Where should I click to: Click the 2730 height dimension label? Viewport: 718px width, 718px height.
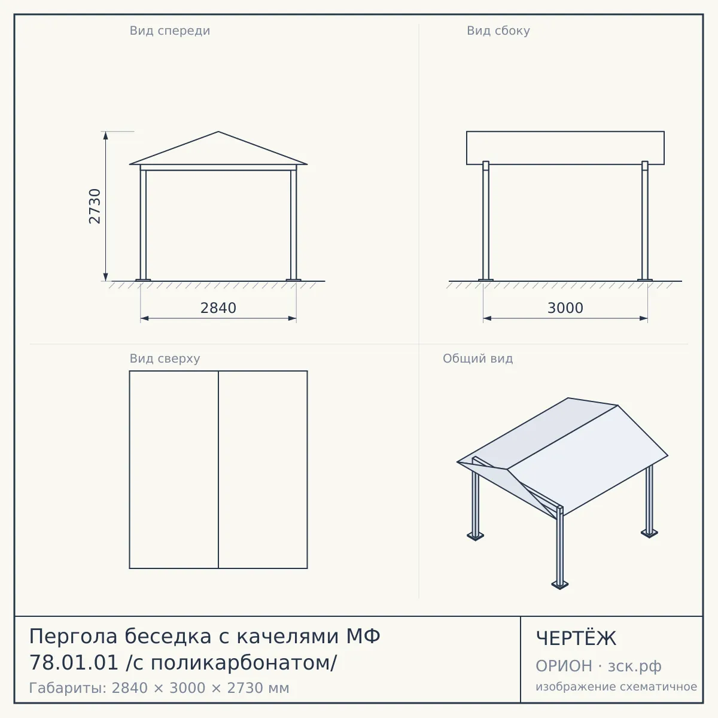click(95, 206)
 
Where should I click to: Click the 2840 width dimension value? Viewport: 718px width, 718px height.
click(218, 308)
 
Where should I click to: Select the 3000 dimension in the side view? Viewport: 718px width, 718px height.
click(565, 308)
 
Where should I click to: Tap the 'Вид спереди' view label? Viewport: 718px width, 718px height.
click(170, 31)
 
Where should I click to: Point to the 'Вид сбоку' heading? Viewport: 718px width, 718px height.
click(498, 31)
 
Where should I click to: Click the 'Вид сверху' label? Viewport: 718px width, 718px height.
click(165, 358)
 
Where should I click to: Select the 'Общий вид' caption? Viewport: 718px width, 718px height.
click(477, 358)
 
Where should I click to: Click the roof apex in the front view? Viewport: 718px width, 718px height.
click(218, 132)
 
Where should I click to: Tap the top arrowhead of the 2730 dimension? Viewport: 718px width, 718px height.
click(106, 135)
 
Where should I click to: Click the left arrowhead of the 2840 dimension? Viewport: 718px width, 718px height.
click(145, 318)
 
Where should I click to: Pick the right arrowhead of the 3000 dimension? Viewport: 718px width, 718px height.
click(643, 318)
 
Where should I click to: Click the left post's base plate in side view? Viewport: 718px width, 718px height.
click(485, 280)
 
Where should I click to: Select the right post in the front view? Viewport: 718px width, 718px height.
click(294, 224)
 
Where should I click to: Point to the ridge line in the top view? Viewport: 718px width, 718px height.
click(218, 470)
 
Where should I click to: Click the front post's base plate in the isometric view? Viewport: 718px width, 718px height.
click(559, 585)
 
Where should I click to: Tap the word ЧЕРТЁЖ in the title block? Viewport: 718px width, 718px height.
click(576, 638)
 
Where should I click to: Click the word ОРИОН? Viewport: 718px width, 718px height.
click(564, 666)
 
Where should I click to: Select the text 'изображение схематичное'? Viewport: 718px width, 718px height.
click(616, 686)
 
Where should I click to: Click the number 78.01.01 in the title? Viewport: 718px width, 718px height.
click(74, 663)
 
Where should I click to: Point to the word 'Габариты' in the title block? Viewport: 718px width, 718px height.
click(69, 688)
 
